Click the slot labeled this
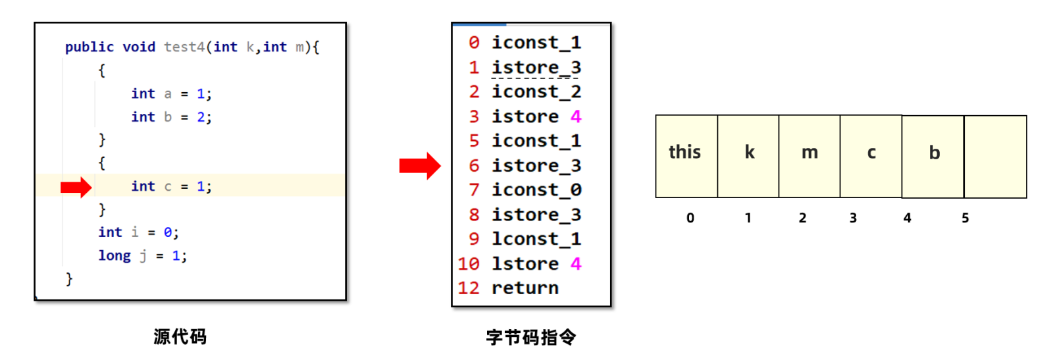pos(687,156)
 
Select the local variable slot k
pos(748,156)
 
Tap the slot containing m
pos(809,156)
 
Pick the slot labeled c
pos(871,156)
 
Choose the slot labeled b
pos(933,157)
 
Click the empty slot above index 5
pos(996,157)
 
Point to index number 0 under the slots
pos(690,218)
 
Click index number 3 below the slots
pos(853,218)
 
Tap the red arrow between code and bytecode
pos(420,166)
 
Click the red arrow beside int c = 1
pos(76,188)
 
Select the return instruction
pos(525,288)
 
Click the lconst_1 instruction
pos(536,239)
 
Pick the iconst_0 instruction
pos(536,190)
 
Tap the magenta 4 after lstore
pos(576,264)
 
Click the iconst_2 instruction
pos(536,91)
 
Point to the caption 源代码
pos(180,337)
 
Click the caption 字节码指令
pos(531,337)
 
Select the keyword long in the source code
pos(115,255)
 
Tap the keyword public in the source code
pos(90,47)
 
